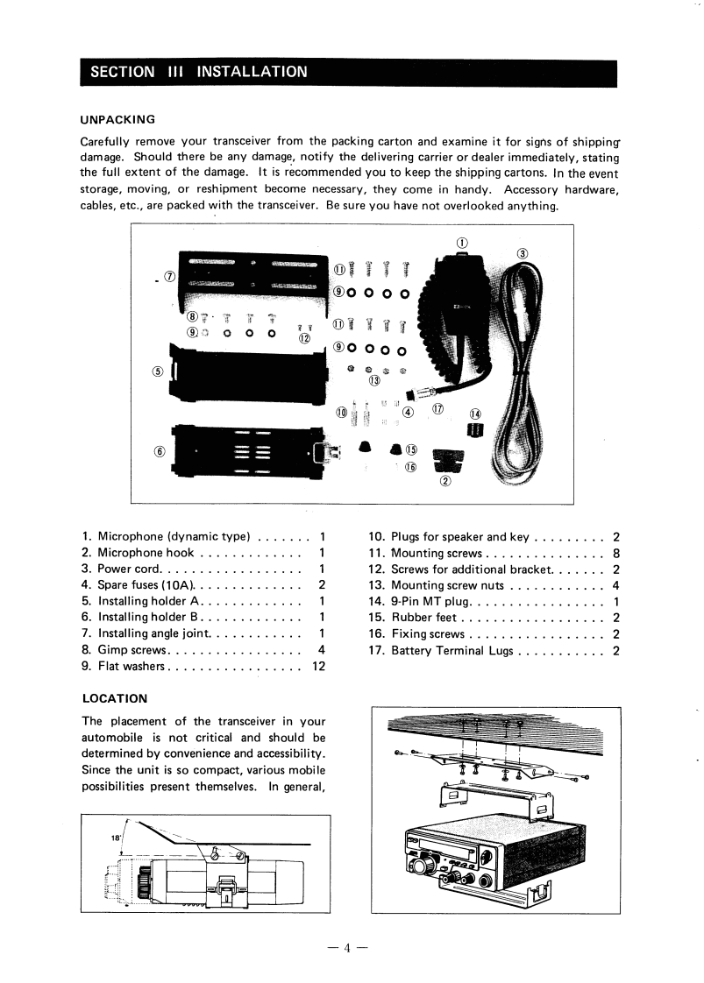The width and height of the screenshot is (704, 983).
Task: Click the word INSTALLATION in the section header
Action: (252, 71)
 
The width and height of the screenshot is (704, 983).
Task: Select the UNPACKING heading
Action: (117, 119)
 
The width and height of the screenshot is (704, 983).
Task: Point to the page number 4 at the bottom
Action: (347, 947)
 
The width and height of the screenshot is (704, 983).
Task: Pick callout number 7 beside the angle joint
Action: (170, 275)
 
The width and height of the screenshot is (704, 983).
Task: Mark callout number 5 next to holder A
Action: (159, 369)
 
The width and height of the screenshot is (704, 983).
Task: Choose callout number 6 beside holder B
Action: (159, 451)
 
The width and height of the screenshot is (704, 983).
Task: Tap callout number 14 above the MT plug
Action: (475, 414)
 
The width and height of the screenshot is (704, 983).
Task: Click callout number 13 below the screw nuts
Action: (375, 380)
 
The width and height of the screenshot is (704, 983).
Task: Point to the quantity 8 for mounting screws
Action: (617, 553)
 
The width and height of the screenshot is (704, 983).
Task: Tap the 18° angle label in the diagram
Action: (115, 838)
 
